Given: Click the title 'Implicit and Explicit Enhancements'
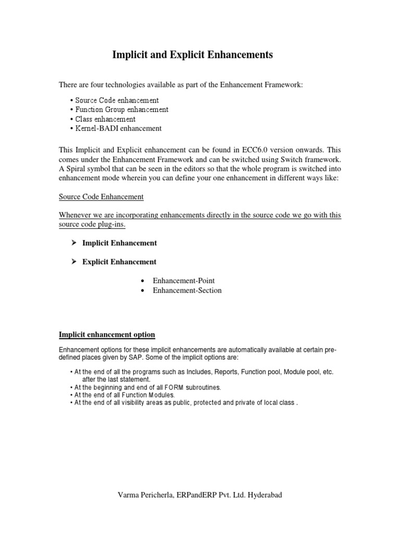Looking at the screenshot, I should click(193, 55).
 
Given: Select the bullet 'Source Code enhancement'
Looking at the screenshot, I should click(117, 100).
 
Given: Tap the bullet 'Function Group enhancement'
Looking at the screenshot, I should click(121, 109).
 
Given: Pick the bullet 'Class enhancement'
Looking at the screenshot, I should click(105, 119).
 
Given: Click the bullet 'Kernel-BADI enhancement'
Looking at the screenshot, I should click(118, 128).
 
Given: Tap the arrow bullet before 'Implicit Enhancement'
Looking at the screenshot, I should click(74, 243).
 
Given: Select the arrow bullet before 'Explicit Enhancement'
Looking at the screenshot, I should click(74, 261).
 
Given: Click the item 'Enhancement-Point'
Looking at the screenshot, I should click(183, 281).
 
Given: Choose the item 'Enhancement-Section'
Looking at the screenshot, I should click(187, 290).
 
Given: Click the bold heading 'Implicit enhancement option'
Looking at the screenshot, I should click(107, 334).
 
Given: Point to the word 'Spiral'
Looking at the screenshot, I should click(78, 169).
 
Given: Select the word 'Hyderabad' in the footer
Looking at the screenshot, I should click(264, 495).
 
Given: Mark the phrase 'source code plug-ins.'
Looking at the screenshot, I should click(92, 224).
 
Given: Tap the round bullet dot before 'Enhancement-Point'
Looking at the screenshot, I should click(143, 281).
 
